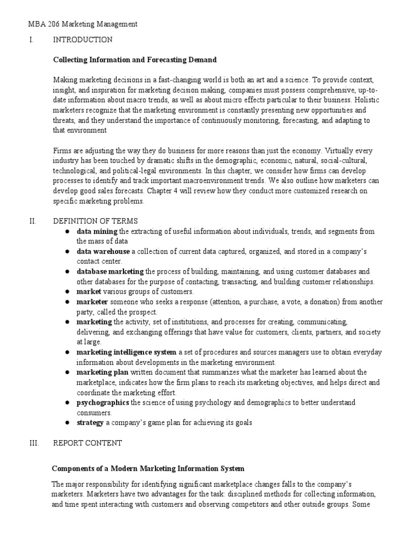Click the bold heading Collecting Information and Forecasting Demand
135,60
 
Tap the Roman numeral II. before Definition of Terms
32,221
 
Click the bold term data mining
97,231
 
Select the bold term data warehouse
103,251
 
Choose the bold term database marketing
110,271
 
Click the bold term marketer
92,301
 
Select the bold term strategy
90,422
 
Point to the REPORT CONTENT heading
87,443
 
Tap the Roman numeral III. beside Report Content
33,443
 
